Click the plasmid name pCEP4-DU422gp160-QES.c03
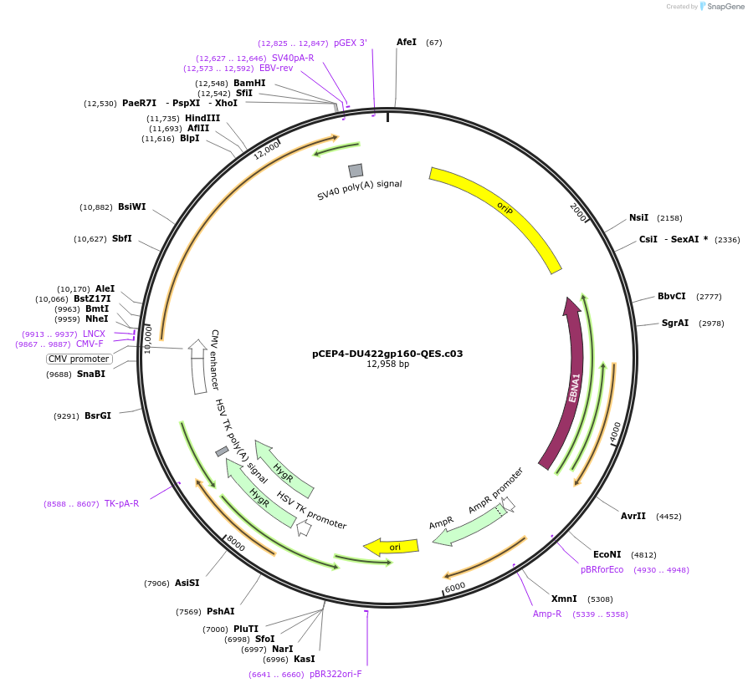(387, 354)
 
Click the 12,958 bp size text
(387, 364)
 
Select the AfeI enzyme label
(407, 42)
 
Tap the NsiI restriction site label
(638, 217)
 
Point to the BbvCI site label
(671, 296)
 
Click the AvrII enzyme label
(633, 516)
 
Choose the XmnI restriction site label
(564, 599)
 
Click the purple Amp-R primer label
(547, 614)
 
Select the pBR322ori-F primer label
(336, 674)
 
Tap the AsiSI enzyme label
(187, 583)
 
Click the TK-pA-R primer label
(122, 503)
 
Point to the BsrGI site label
(98, 415)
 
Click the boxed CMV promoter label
(79, 359)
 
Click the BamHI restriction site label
(249, 83)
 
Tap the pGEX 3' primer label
(351, 43)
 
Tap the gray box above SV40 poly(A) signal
(356, 170)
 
